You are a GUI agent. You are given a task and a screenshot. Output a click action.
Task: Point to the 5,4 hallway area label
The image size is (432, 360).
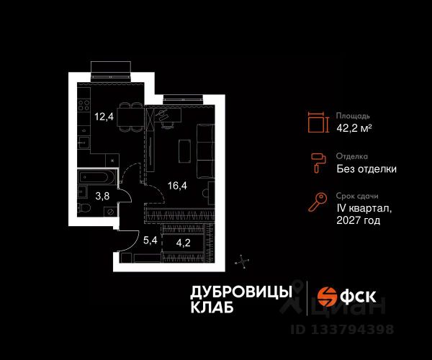[x=149, y=240]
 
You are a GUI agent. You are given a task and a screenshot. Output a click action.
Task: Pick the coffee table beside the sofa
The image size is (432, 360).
[x=184, y=150]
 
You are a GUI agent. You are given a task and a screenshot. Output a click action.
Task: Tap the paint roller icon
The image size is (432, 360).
[x=315, y=162]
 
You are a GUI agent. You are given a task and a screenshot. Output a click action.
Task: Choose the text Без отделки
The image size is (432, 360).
[x=366, y=169]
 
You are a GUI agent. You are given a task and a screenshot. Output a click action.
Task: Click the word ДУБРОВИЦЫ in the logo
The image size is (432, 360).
[x=240, y=291]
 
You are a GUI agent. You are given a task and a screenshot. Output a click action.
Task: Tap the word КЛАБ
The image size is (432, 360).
[x=212, y=307]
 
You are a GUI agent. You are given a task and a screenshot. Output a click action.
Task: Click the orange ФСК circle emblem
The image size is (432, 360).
[x=328, y=297]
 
